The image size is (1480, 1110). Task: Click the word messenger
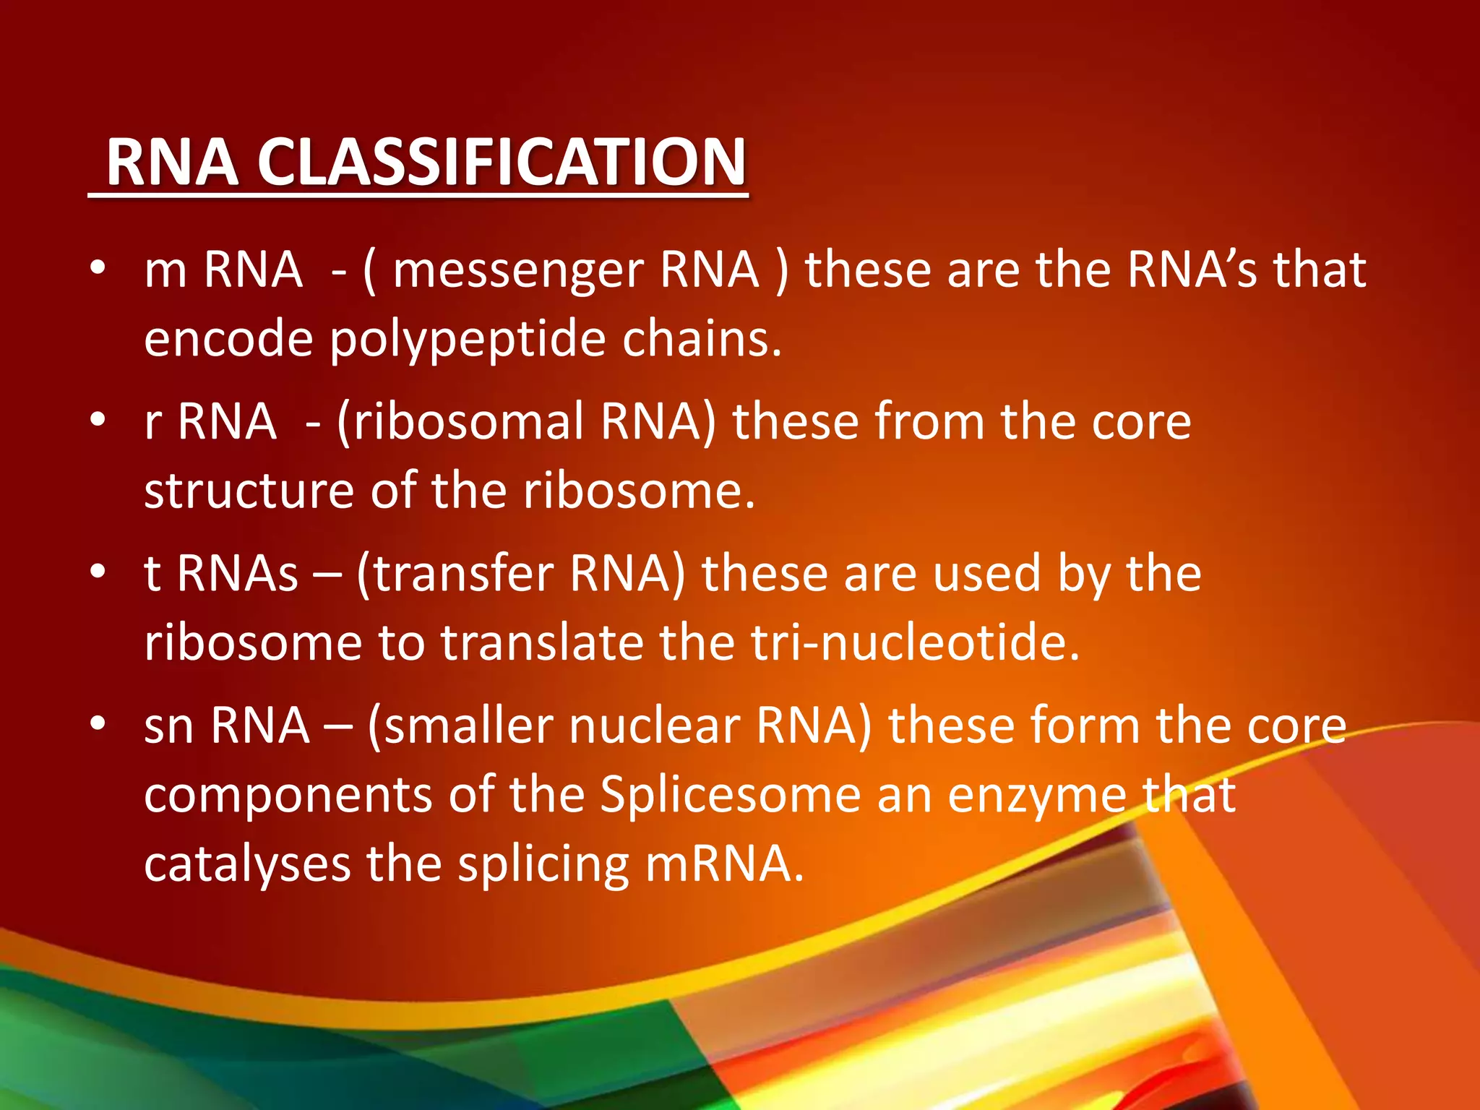click(x=518, y=270)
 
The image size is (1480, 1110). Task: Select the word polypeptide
click(x=467, y=340)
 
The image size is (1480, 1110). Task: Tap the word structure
click(x=249, y=491)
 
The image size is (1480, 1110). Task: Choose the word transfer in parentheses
click(x=463, y=574)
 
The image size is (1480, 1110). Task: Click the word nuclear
click(x=654, y=726)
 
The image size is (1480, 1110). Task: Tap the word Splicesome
click(x=730, y=795)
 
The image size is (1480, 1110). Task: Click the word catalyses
click(x=246, y=865)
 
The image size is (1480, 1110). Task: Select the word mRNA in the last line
click(x=724, y=864)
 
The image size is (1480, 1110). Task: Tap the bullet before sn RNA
click(x=98, y=723)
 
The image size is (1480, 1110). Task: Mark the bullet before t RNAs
click(x=98, y=572)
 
